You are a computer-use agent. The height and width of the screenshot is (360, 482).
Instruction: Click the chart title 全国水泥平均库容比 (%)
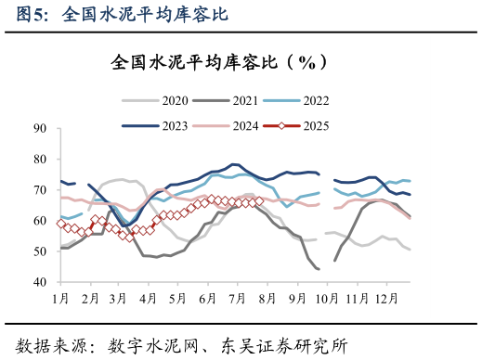[x=218, y=62]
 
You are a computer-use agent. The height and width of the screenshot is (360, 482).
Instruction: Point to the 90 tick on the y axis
[x=40, y=129]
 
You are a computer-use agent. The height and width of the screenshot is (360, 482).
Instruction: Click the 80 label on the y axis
[x=40, y=160]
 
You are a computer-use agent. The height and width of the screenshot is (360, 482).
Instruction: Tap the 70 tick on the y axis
[x=40, y=190]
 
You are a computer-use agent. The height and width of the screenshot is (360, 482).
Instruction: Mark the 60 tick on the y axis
[x=40, y=221]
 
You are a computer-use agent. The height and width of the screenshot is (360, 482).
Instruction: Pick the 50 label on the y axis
[x=40, y=251]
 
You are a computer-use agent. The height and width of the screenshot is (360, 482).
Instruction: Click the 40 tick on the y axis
[x=40, y=282]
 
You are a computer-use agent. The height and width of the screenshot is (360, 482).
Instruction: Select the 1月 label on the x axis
[x=60, y=299]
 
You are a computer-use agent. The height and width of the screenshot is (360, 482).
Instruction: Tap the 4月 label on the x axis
[x=147, y=299]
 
